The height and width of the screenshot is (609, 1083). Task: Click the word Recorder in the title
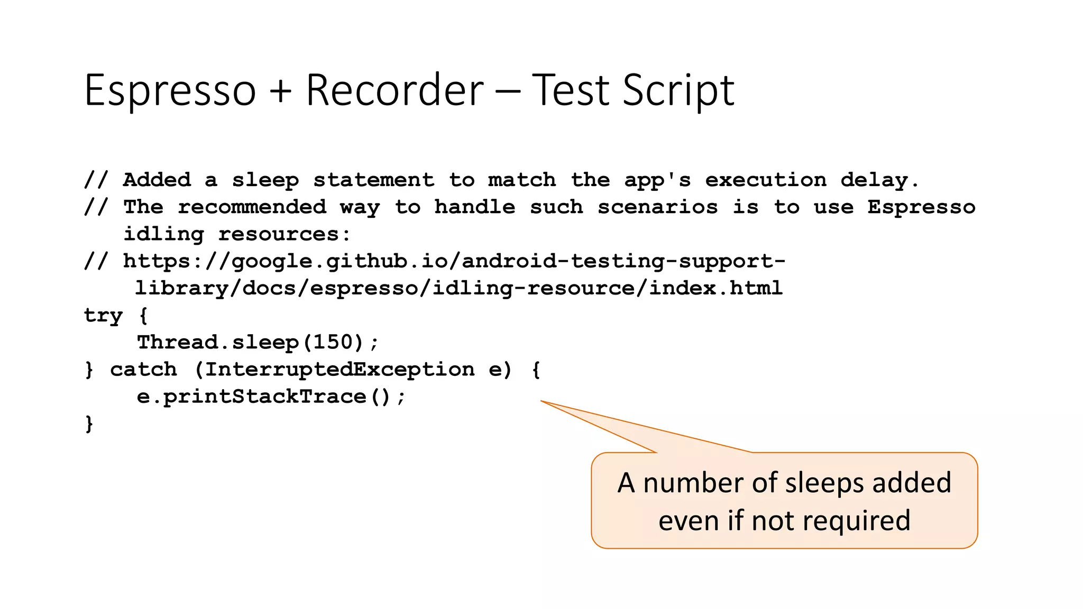(x=394, y=90)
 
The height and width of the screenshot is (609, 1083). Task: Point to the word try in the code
(x=103, y=316)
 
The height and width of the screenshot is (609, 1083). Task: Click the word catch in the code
(x=143, y=369)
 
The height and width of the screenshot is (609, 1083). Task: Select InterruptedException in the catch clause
(x=339, y=369)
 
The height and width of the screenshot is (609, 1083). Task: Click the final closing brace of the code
(x=89, y=423)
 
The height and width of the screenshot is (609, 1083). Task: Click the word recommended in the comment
(x=252, y=207)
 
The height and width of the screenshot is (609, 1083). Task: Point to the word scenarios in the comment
(x=658, y=207)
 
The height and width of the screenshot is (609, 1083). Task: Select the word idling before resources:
(x=163, y=234)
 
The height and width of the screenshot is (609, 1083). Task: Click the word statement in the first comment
(x=373, y=180)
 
